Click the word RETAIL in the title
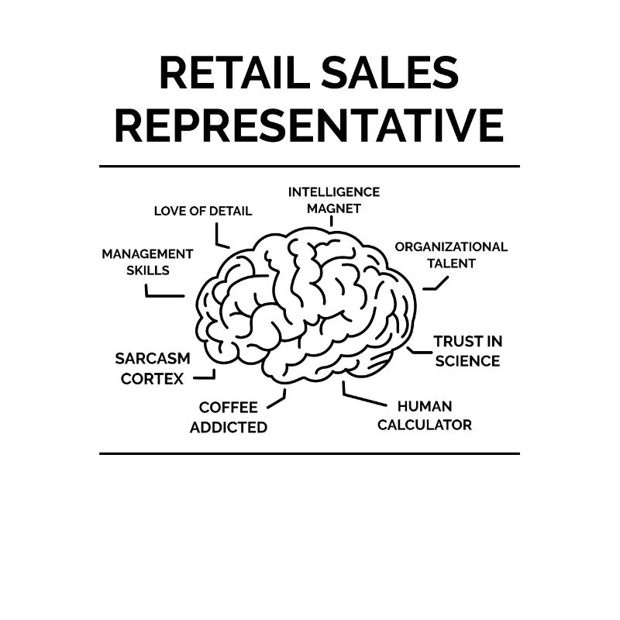click(x=235, y=73)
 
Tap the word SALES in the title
click(x=390, y=73)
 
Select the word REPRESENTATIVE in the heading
click(x=309, y=126)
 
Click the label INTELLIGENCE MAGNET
click(x=334, y=200)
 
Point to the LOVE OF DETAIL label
click(x=203, y=211)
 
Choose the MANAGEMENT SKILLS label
click(x=147, y=262)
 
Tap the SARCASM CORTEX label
click(x=153, y=369)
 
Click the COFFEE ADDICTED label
click(x=229, y=417)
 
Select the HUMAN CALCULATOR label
click(x=425, y=415)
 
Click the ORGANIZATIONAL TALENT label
click(x=451, y=255)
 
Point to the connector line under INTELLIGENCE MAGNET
click(x=332, y=221)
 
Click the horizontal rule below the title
click(x=309, y=167)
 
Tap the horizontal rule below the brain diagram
click(x=309, y=453)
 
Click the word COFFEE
click(x=229, y=408)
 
